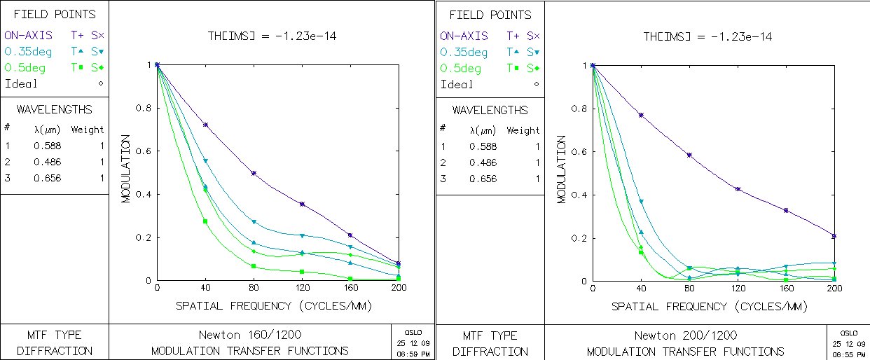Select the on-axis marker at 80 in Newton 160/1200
click(x=254, y=173)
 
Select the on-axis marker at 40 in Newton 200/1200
click(x=641, y=115)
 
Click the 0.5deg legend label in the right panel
click(x=461, y=69)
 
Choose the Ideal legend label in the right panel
click(x=457, y=84)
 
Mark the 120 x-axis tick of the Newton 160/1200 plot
click(x=302, y=289)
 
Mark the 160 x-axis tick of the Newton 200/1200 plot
click(x=786, y=289)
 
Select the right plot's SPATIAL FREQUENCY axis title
click(x=709, y=307)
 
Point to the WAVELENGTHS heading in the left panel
click(x=54, y=110)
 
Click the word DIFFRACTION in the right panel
click(x=490, y=352)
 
